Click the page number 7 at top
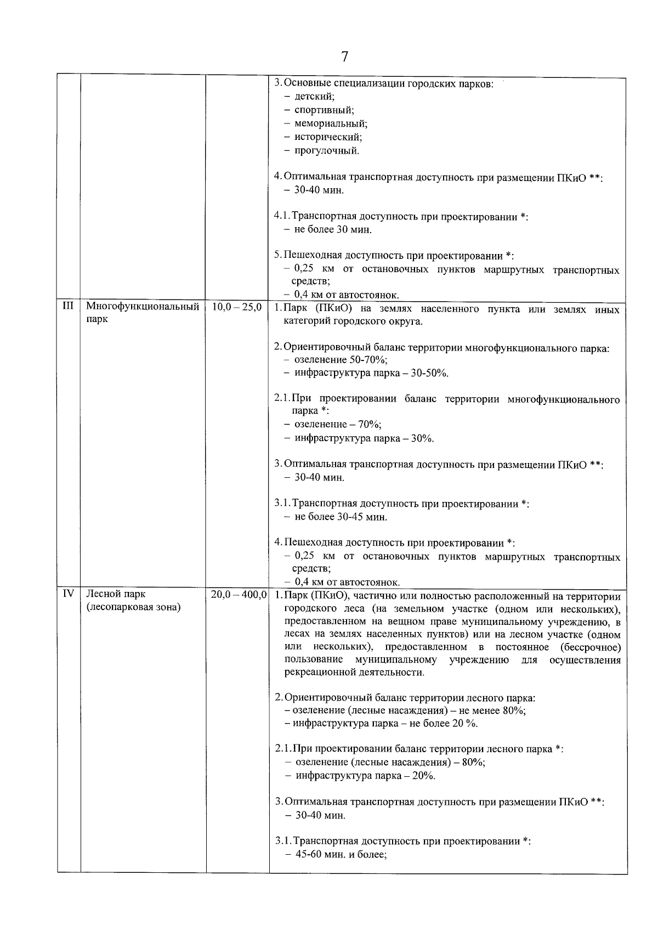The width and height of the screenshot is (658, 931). [x=344, y=57]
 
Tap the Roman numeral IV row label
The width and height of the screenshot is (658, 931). [x=69, y=594]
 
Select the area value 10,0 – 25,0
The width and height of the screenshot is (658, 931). [x=236, y=307]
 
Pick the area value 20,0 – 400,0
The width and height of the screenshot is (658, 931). [x=239, y=595]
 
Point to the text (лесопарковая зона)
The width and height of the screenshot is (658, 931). [x=133, y=608]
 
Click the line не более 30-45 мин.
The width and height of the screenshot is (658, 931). [x=341, y=517]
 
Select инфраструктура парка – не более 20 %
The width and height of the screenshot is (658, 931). [x=385, y=724]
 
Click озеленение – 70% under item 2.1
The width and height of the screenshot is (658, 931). [x=338, y=425]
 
